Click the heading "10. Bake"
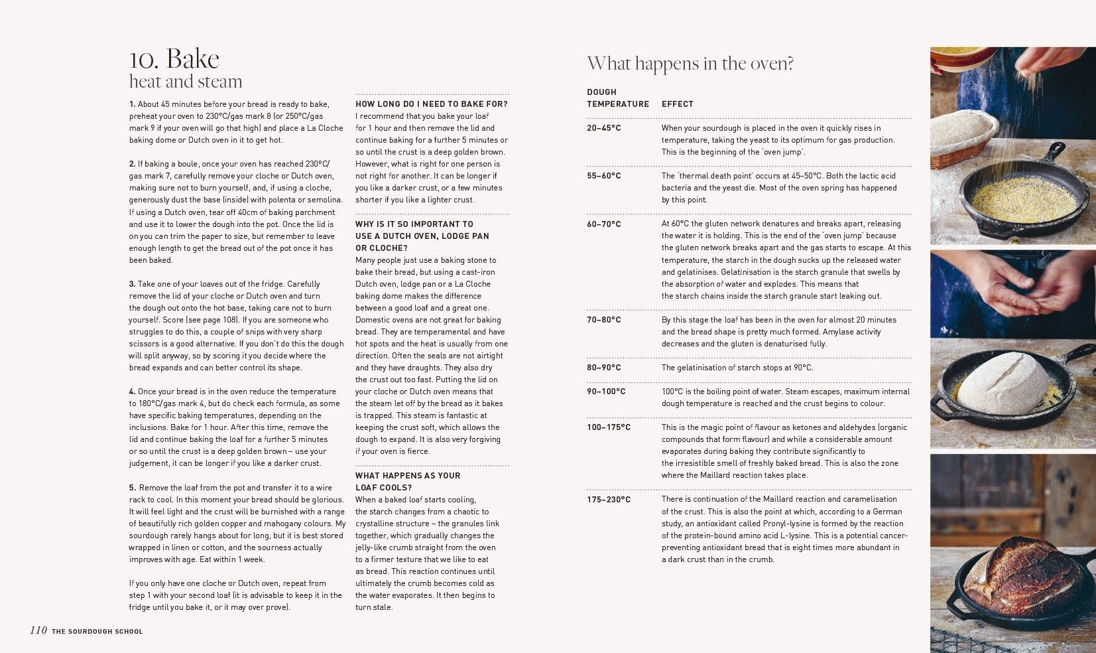[174, 59]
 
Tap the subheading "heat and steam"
[186, 82]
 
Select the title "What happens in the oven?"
[690, 64]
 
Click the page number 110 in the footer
[38, 630]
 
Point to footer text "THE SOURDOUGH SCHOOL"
[97, 631]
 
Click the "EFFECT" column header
[677, 104]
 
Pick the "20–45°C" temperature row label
[603, 128]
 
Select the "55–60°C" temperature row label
[603, 176]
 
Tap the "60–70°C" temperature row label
[603, 224]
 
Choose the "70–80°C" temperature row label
[603, 320]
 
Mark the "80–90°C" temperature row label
[603, 368]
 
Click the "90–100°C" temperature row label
[606, 392]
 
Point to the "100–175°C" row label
[609, 427]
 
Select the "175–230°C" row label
[609, 500]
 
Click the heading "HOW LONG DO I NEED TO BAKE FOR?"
[432, 104]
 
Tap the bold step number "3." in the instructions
[133, 284]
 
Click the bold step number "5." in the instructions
[133, 488]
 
